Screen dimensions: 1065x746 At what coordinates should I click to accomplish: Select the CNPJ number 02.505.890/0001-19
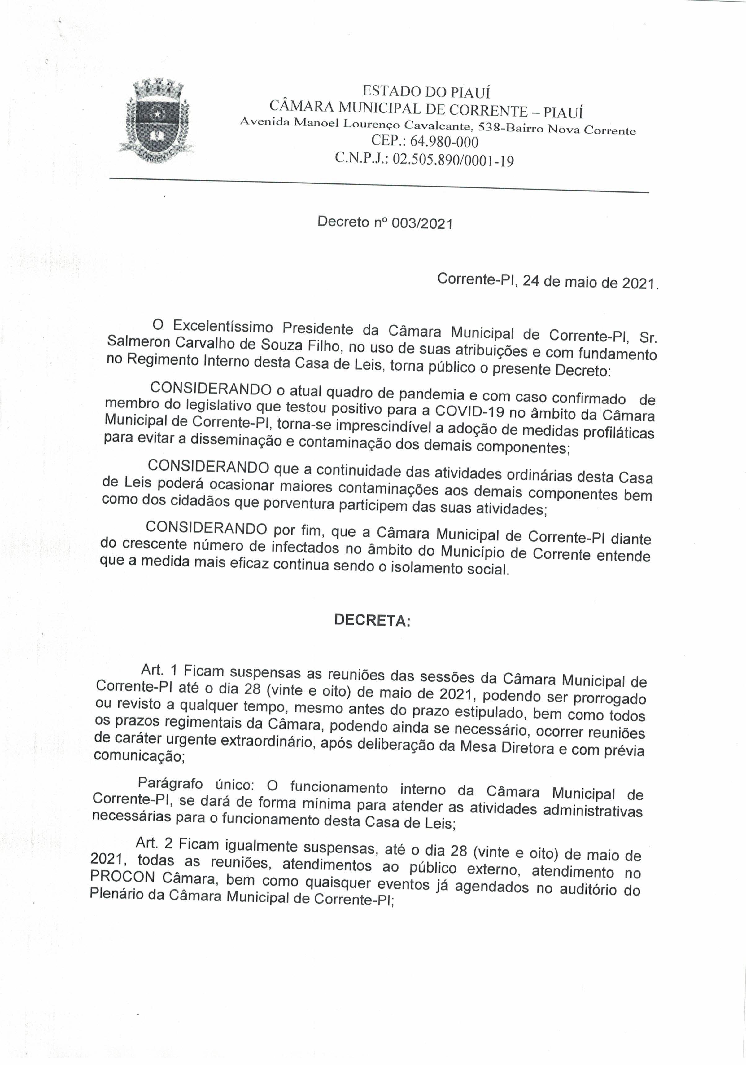(x=453, y=161)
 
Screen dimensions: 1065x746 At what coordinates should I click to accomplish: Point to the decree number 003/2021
(x=421, y=224)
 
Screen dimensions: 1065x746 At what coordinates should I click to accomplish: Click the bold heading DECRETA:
(x=372, y=621)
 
